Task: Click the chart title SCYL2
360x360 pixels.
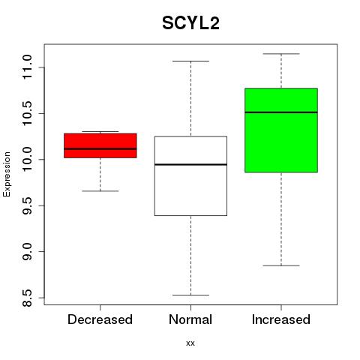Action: click(x=190, y=23)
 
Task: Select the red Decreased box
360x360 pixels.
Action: click(x=100, y=145)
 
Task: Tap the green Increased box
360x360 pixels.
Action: click(x=281, y=130)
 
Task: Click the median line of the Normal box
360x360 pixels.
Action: click(x=190, y=164)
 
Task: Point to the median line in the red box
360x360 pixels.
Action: click(x=100, y=148)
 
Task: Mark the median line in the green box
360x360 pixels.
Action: click(x=281, y=112)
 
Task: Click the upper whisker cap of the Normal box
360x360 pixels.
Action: click(x=190, y=61)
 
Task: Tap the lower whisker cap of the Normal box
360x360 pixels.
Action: click(x=190, y=295)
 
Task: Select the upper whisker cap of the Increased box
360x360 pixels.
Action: click(x=281, y=54)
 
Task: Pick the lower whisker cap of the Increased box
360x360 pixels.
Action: click(x=281, y=265)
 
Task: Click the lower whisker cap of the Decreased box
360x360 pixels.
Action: click(x=100, y=191)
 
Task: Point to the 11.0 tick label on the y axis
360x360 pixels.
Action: click(x=27, y=67)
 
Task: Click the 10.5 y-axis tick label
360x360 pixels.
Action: click(x=27, y=113)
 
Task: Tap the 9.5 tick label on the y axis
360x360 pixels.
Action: click(x=27, y=205)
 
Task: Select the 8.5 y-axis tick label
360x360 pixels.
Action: click(x=27, y=298)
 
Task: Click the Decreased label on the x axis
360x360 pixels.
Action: click(x=100, y=319)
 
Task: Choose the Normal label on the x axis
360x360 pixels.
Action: click(x=190, y=319)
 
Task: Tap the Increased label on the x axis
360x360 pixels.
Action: click(x=281, y=319)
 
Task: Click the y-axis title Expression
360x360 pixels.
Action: click(x=7, y=174)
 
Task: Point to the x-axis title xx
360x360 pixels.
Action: click(x=190, y=343)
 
